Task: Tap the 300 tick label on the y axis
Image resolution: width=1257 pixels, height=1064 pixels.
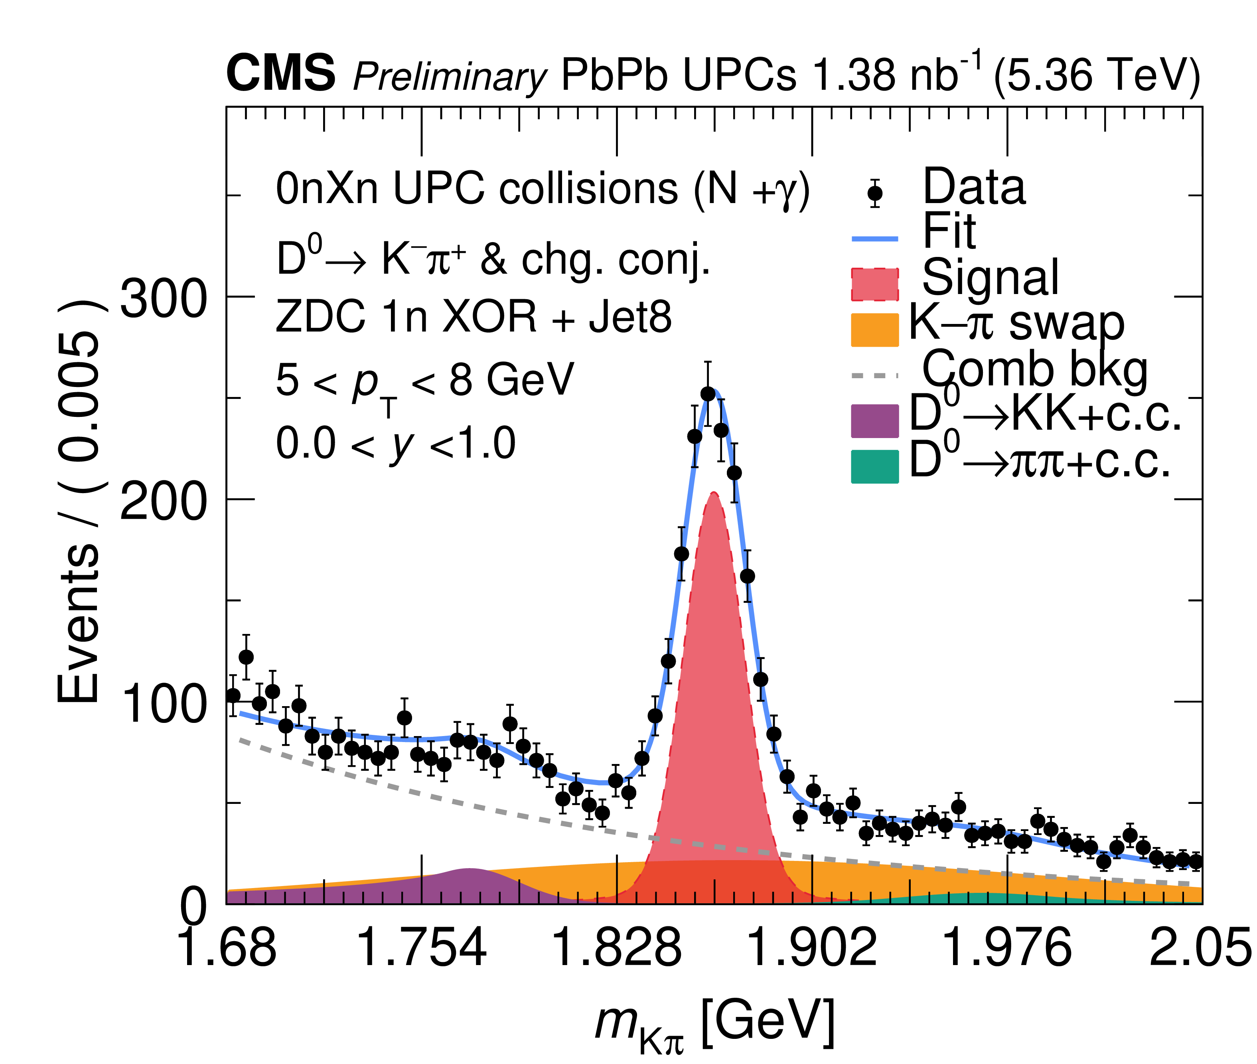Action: pyautogui.click(x=163, y=300)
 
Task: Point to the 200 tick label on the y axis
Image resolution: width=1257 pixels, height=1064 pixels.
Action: pyautogui.click(x=163, y=502)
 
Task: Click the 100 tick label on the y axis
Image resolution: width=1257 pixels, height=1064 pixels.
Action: pyautogui.click(x=163, y=705)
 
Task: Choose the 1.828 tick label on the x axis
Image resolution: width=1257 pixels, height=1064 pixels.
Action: pyautogui.click(x=616, y=948)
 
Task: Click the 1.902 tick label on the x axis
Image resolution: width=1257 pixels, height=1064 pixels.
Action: pyautogui.click(x=812, y=948)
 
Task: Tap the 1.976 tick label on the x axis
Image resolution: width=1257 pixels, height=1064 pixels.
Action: pyautogui.click(x=1007, y=948)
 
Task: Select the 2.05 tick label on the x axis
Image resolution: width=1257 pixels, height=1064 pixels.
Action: pyautogui.click(x=1200, y=948)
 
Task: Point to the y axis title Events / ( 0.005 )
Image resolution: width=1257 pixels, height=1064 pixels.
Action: pyautogui.click(x=79, y=501)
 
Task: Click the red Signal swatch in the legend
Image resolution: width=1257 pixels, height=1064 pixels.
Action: pyautogui.click(x=874, y=284)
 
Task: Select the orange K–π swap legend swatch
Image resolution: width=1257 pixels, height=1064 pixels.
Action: pyautogui.click(x=874, y=330)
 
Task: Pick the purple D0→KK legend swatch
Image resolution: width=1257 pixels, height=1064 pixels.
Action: pyautogui.click(x=874, y=420)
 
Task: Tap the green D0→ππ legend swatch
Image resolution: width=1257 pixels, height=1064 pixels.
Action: pyautogui.click(x=874, y=466)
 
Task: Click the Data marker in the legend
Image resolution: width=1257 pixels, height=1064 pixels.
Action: pyautogui.click(x=874, y=193)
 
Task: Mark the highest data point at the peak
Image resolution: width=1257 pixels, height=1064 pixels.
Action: pyautogui.click(x=708, y=394)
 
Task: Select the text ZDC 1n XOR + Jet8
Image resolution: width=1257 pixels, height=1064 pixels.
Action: pyautogui.click(x=474, y=317)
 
